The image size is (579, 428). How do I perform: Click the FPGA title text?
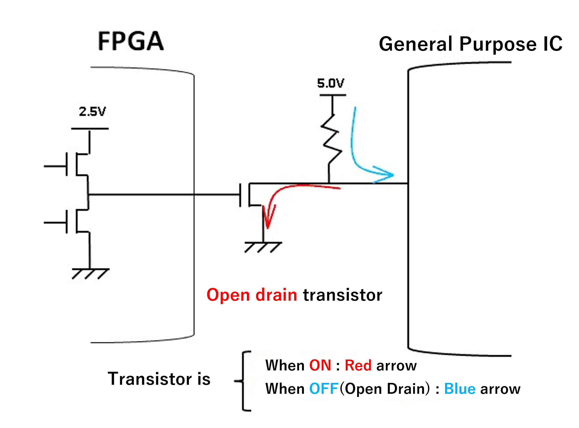(131, 41)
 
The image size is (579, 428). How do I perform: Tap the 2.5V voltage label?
(92, 111)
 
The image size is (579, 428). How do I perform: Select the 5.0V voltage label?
(331, 83)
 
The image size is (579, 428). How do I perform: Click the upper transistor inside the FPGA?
(77, 165)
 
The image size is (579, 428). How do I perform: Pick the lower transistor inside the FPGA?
(77, 222)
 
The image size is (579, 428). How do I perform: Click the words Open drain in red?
(252, 295)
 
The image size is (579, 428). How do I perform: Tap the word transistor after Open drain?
(343, 295)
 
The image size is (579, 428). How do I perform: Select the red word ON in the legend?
(320, 365)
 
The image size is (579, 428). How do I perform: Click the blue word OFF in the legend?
(324, 389)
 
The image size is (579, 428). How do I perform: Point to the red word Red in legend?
(358, 365)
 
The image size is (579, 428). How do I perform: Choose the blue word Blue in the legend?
(460, 389)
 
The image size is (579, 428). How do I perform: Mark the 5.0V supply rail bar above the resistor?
(333, 95)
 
